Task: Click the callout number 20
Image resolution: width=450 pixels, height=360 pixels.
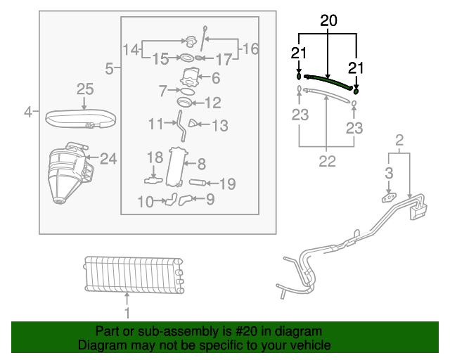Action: [329, 22]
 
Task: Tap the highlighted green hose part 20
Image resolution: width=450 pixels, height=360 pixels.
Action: [328, 82]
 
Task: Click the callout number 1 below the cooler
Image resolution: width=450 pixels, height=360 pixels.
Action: [127, 312]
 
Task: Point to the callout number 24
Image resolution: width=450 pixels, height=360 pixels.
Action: [108, 159]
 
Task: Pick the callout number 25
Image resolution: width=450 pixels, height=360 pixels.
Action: [84, 89]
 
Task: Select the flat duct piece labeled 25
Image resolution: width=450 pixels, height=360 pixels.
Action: [79, 118]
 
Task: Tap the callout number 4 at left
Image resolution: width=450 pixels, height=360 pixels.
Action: [28, 111]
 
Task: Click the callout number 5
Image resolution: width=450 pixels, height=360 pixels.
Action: [110, 68]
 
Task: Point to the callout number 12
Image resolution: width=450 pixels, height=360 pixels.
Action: [212, 103]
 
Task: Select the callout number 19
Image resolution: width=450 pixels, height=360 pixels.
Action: [227, 184]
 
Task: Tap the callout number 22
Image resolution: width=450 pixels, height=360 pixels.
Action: [327, 162]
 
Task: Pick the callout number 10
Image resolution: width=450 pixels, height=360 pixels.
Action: [146, 202]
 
